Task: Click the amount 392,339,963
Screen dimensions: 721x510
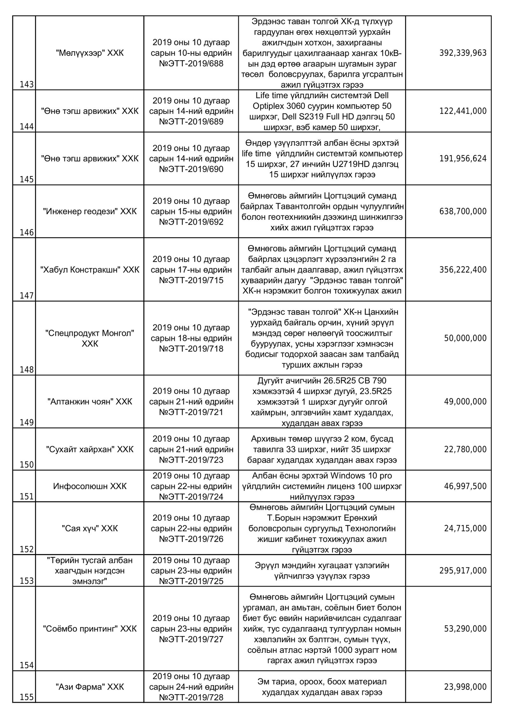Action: click(x=463, y=53)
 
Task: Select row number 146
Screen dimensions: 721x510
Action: click(x=27, y=233)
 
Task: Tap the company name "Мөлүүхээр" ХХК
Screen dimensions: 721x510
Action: click(x=90, y=53)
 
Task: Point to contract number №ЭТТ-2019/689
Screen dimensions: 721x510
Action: click(x=191, y=122)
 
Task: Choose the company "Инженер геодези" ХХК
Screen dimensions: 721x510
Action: click(x=90, y=211)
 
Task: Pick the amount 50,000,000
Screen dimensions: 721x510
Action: click(x=465, y=338)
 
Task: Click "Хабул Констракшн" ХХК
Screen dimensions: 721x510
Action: click(x=90, y=270)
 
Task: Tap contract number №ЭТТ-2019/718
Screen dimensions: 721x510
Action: click(x=191, y=349)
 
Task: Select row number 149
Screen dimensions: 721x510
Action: click(x=27, y=422)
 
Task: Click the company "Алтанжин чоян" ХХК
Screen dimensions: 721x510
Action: click(x=90, y=401)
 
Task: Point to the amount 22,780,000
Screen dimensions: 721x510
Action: click(x=465, y=449)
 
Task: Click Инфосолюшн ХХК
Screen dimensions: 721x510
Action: click(x=90, y=486)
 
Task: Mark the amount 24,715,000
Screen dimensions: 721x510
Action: click(x=465, y=529)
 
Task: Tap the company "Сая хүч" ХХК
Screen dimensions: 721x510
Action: click(x=90, y=529)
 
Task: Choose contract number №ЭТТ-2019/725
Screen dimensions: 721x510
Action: click(x=191, y=581)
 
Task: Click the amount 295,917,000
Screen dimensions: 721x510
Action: click(x=463, y=570)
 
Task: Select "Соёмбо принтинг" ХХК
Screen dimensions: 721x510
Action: click(x=90, y=629)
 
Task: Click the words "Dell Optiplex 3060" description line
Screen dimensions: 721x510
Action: click(x=322, y=106)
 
